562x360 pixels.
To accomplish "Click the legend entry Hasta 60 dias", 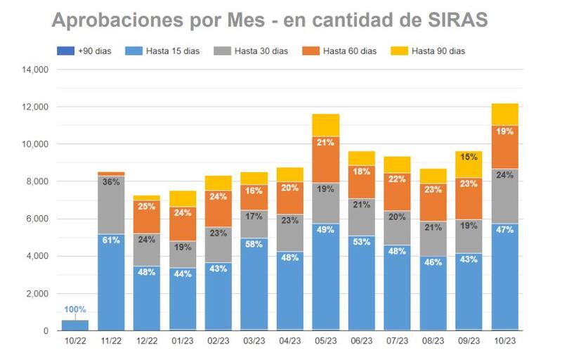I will [347, 51].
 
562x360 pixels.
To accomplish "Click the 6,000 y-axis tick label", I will [36, 219].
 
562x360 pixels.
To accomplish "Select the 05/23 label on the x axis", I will [325, 341].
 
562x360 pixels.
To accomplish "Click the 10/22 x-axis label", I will [75, 341].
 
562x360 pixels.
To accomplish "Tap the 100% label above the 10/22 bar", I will [75, 309].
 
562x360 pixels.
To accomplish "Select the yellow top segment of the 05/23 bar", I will [325, 125].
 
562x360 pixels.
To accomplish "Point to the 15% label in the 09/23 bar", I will [469, 157].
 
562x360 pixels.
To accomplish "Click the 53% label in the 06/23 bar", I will [361, 243].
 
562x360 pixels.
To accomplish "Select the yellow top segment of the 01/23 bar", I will [183, 198].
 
